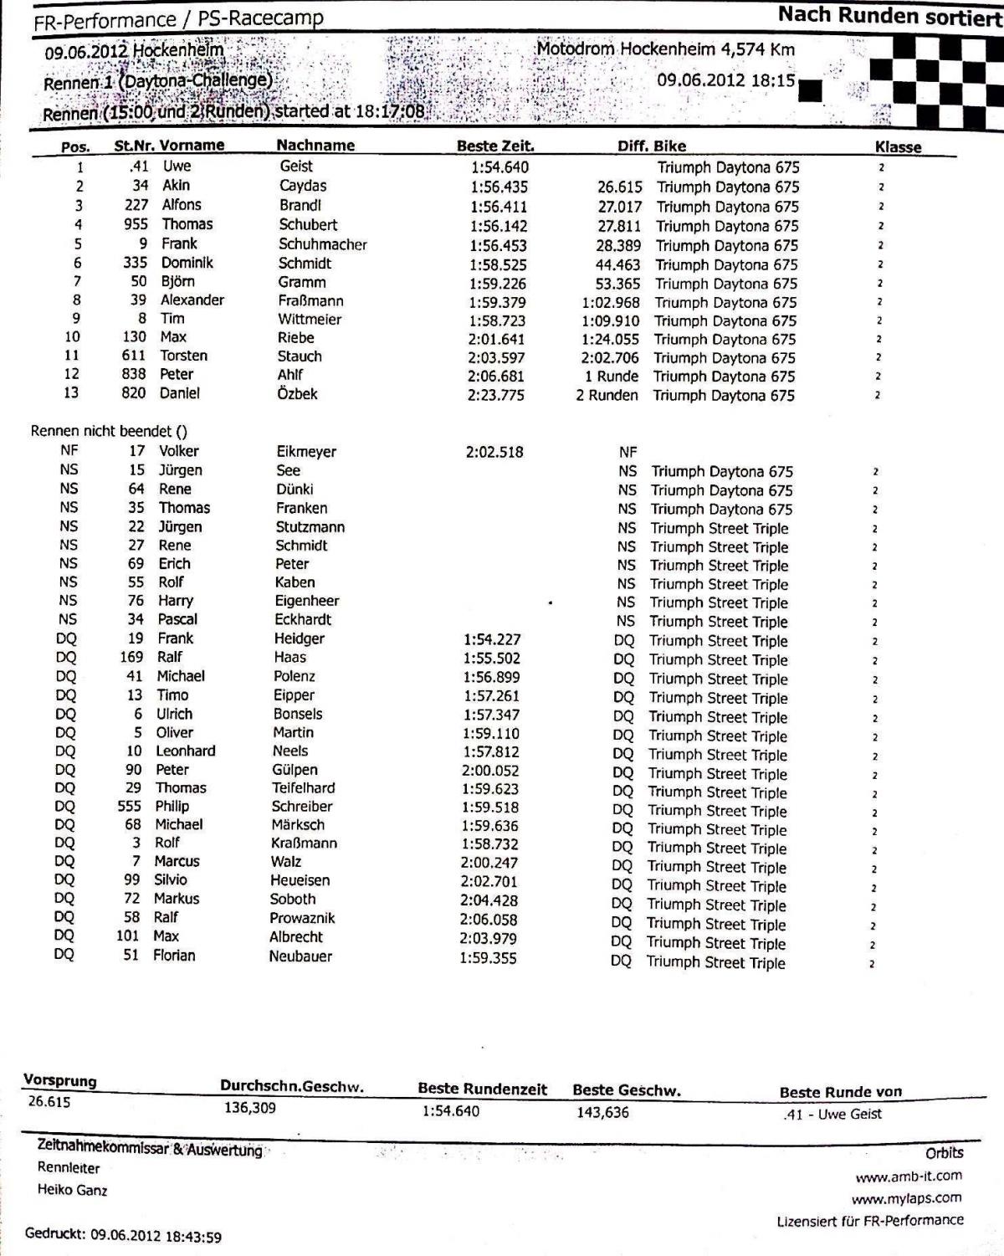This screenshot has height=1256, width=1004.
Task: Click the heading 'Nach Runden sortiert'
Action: click(889, 16)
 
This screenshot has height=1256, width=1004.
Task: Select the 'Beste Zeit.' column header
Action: click(495, 146)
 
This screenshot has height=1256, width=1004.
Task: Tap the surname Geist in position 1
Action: click(296, 167)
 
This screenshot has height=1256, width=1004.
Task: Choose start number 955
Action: click(135, 224)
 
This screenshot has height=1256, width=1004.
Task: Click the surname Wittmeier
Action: click(310, 319)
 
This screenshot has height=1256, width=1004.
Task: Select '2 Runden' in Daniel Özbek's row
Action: click(607, 395)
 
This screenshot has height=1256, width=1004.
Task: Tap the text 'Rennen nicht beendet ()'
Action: click(109, 432)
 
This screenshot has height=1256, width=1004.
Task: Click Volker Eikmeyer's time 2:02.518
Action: click(494, 452)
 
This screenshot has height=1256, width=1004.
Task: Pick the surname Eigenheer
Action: click(307, 601)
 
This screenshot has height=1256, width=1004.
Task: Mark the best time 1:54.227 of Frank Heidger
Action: click(491, 639)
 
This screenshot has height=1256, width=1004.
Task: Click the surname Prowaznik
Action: click(302, 918)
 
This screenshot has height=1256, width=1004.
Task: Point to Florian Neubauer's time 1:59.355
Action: click(488, 957)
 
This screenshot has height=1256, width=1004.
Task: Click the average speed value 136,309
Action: click(250, 1108)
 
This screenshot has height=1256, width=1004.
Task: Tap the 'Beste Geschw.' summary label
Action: click(627, 1090)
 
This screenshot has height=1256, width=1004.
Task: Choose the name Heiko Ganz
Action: click(72, 1190)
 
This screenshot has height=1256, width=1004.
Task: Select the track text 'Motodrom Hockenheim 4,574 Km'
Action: click(666, 49)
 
